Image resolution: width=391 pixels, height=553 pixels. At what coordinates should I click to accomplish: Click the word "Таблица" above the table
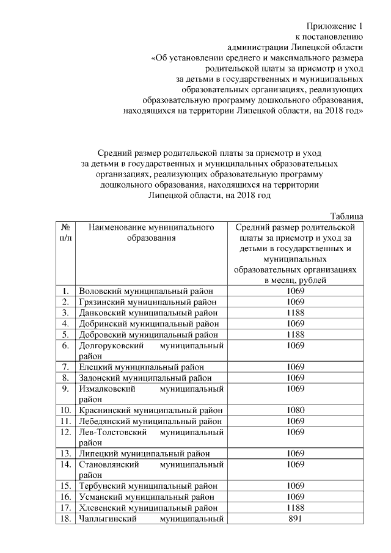(346, 216)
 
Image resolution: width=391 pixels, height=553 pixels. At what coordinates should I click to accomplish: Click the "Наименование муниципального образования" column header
(151, 233)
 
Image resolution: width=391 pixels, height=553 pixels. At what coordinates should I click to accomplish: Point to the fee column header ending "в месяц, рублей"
(295, 254)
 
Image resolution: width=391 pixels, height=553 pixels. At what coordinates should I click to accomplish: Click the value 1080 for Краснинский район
(295, 410)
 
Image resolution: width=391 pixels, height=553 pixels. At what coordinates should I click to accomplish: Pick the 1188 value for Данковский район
(295, 312)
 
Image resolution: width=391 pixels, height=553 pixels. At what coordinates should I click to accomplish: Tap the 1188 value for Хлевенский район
(295, 508)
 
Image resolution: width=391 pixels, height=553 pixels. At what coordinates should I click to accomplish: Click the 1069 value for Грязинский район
(295, 302)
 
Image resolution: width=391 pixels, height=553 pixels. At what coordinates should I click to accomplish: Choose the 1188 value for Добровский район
(295, 334)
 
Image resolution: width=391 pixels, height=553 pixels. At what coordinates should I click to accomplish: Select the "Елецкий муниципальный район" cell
(142, 367)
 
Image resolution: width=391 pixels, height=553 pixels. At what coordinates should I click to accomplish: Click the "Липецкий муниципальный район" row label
(144, 453)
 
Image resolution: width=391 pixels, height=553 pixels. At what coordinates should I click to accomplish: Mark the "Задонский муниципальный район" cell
(145, 378)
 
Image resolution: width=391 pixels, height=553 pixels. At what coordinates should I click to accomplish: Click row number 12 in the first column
(65, 432)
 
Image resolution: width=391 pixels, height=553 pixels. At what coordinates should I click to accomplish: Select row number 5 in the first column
(65, 334)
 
